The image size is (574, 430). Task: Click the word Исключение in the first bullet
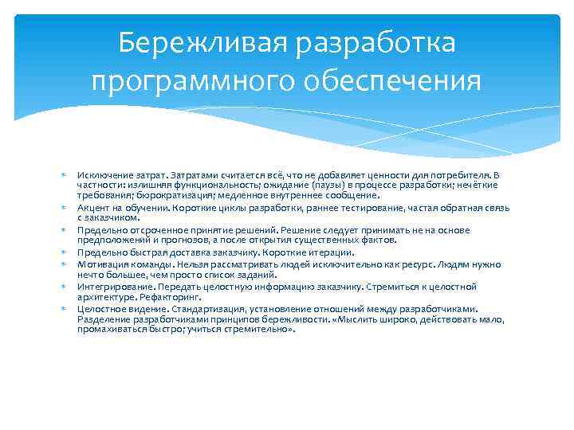point(102,174)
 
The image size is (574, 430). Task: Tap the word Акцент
point(94,206)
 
